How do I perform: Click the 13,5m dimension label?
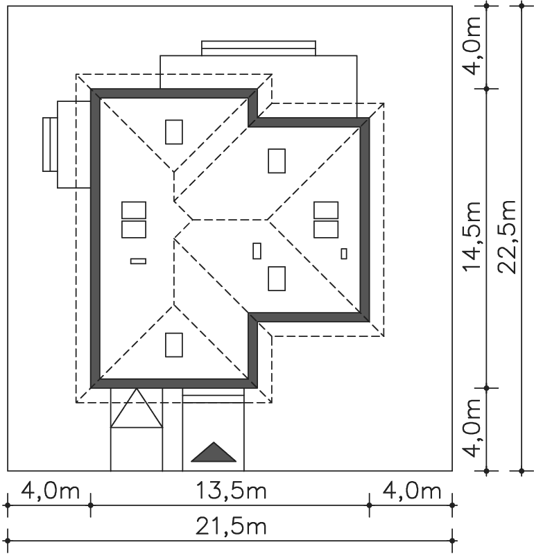[x=231, y=490]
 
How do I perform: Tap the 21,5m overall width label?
[x=231, y=527]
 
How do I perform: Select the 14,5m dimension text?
[x=472, y=237]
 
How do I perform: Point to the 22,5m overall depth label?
[x=507, y=237]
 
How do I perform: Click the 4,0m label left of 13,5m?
[x=51, y=490]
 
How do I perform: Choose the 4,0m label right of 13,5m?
[x=411, y=490]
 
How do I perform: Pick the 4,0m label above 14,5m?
[x=472, y=45]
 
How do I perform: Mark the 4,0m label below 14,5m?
[x=472, y=428]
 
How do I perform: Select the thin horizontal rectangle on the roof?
[x=138, y=261]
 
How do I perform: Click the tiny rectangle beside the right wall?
[x=344, y=254]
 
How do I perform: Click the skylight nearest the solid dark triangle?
[x=174, y=345]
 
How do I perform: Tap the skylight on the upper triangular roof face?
[x=174, y=132]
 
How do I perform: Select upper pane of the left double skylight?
[x=134, y=210]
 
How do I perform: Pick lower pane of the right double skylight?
[x=326, y=229]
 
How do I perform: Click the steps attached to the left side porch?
[x=50, y=145]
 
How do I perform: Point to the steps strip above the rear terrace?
[x=259, y=49]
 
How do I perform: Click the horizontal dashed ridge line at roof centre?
[x=230, y=220]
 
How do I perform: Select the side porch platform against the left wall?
[x=74, y=144]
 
